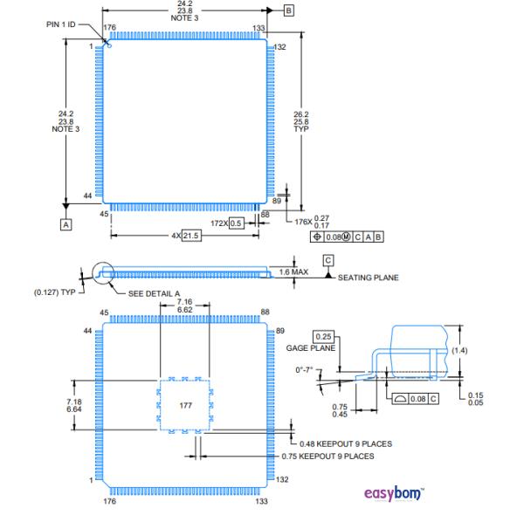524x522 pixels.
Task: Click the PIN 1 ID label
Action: [64, 24]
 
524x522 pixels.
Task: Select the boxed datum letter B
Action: [289, 10]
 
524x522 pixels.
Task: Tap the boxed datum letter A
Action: [65, 223]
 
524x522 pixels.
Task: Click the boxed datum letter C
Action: [328, 259]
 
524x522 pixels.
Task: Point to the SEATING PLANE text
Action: [369, 278]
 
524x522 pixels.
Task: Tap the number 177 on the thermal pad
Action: [185, 406]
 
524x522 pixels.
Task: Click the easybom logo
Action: [394, 494]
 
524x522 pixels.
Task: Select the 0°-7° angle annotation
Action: [305, 370]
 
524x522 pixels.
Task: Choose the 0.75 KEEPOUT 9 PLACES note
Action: [328, 456]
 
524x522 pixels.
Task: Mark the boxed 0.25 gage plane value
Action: [323, 336]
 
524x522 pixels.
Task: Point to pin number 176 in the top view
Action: [110, 28]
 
